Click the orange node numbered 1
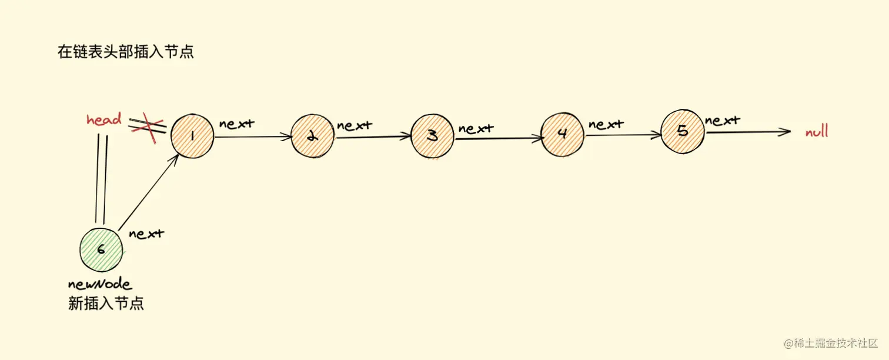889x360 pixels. point(192,136)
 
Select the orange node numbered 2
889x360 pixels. point(312,136)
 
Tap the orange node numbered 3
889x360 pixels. point(432,136)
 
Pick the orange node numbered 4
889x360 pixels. point(562,134)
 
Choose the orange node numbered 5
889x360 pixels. point(683,131)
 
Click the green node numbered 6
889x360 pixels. point(101,249)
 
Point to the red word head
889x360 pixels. point(104,120)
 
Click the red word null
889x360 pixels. point(817,132)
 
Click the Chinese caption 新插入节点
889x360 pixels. point(106,304)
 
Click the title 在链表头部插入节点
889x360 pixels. point(125,52)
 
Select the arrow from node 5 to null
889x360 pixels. point(748,132)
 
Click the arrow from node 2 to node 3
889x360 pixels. point(373,137)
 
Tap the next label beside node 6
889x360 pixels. point(146,234)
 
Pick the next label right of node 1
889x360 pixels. point(238,124)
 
